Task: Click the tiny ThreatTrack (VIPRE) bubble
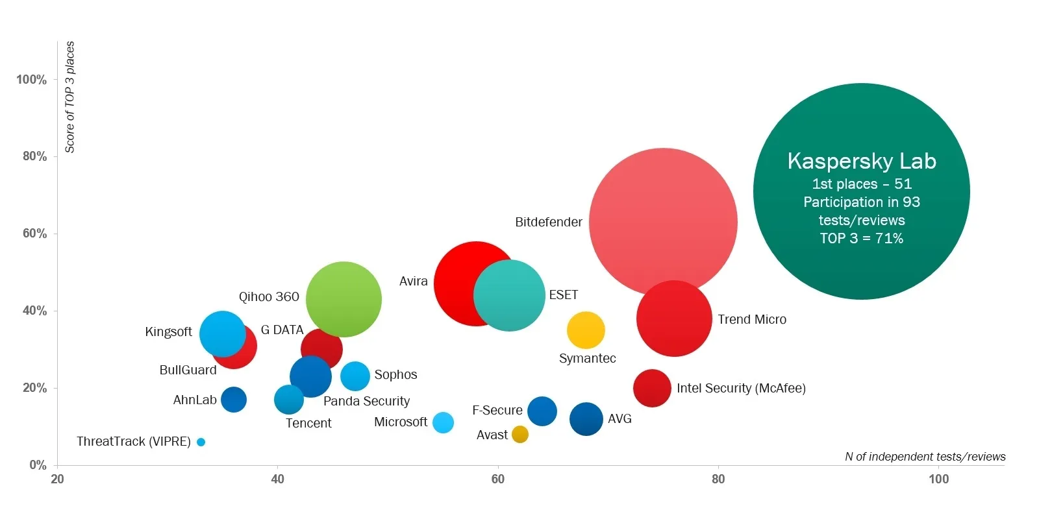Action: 201,442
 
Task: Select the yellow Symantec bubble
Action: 586,330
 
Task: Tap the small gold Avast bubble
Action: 520,434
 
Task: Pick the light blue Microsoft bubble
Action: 443,422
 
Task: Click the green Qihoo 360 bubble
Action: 344,299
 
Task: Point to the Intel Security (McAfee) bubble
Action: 652,388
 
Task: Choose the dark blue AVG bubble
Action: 586,418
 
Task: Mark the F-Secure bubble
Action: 542,411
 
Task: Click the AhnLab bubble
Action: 234,399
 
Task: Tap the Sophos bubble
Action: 355,375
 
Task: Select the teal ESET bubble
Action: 509,295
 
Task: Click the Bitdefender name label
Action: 549,222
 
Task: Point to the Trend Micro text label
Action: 752,319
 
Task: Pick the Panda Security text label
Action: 366,401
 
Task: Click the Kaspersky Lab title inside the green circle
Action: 862,161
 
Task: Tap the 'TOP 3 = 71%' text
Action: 862,238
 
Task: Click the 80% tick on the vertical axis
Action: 32,156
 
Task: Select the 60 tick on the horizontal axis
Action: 498,479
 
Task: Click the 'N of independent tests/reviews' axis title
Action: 925,457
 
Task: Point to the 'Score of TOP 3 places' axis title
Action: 70,97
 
